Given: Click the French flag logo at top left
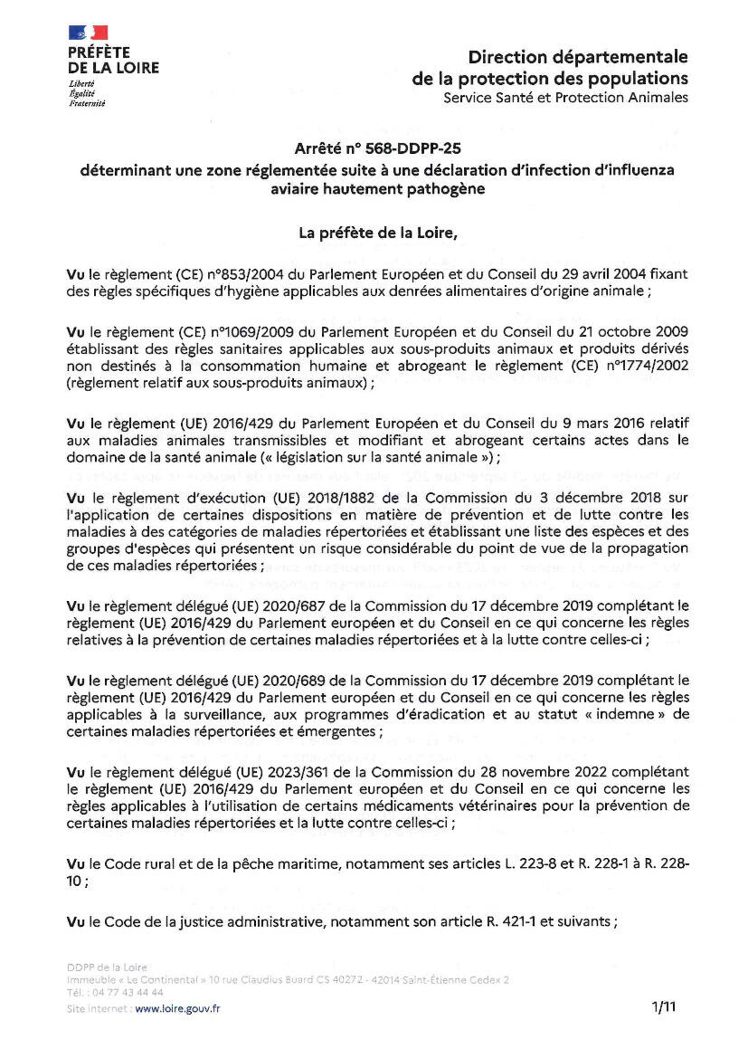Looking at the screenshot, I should pyautogui.click(x=88, y=33).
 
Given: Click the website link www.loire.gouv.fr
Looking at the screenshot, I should pyautogui.click(x=177, y=1008).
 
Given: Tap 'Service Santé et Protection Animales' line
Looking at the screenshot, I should pyautogui.click(x=565, y=98).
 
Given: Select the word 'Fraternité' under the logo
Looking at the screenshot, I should pyautogui.click(x=87, y=103).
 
